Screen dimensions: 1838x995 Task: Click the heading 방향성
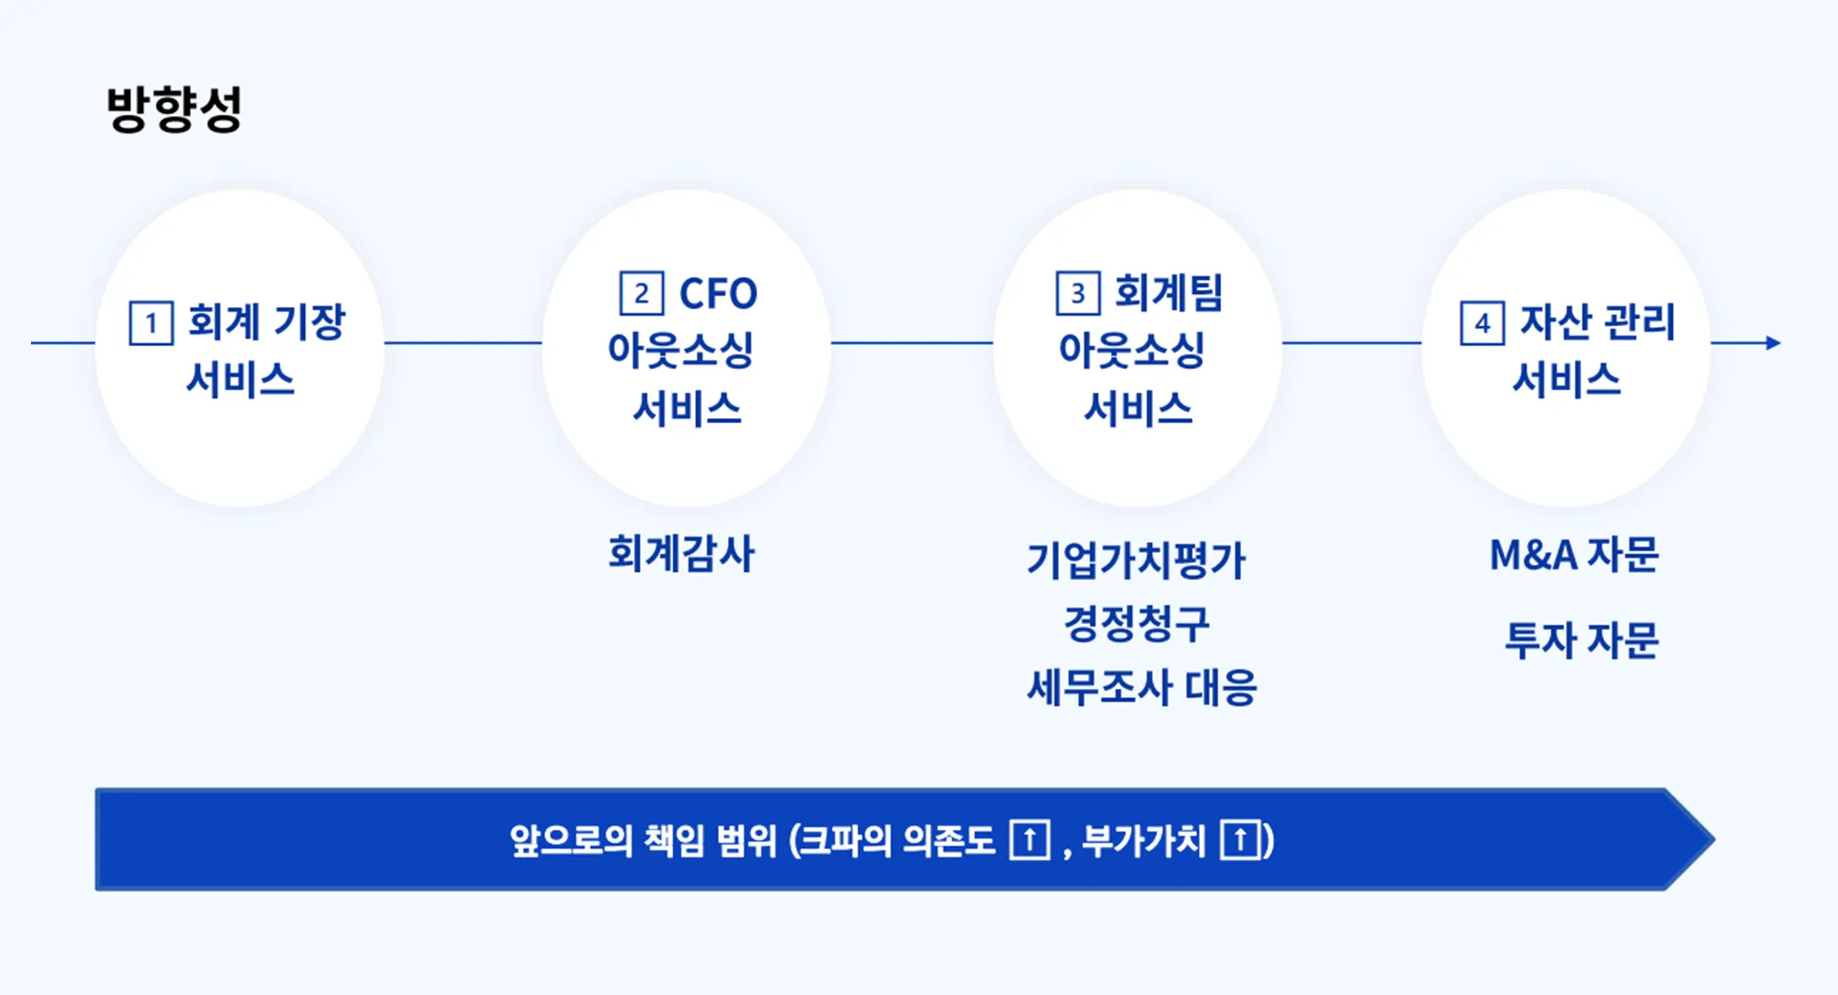pyautogui.click(x=174, y=109)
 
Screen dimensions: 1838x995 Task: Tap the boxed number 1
pyautogui.click(x=151, y=323)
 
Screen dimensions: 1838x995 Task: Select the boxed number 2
pyautogui.click(x=642, y=293)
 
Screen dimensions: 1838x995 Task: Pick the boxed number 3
pyautogui.click(x=1078, y=293)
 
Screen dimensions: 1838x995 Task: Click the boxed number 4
pyautogui.click(x=1483, y=323)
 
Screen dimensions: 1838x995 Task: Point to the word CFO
pyautogui.click(x=718, y=293)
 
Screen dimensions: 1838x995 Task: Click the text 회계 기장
pyautogui.click(x=266, y=322)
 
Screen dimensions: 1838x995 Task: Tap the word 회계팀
pyautogui.click(x=1168, y=293)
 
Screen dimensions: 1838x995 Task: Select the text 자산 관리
pyautogui.click(x=1597, y=322)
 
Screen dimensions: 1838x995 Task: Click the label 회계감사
pyautogui.click(x=682, y=554)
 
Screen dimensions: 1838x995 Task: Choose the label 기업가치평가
pyautogui.click(x=1135, y=560)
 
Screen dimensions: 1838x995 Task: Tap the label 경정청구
pyautogui.click(x=1136, y=623)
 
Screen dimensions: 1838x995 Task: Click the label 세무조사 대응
pyautogui.click(x=1142, y=687)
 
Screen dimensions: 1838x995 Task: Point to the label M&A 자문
pyautogui.click(x=1574, y=555)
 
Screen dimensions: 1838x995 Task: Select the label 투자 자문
pyautogui.click(x=1581, y=640)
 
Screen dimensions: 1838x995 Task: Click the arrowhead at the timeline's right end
pyautogui.click(x=1772, y=343)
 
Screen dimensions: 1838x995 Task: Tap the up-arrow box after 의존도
pyautogui.click(x=1030, y=839)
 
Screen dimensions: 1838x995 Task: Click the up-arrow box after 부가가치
pyautogui.click(x=1240, y=839)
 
